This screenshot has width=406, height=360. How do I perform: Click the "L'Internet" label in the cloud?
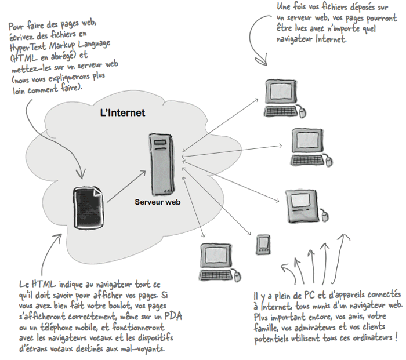122,112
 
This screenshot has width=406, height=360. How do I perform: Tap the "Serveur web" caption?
158,202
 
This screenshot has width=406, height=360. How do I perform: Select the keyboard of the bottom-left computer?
214,273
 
